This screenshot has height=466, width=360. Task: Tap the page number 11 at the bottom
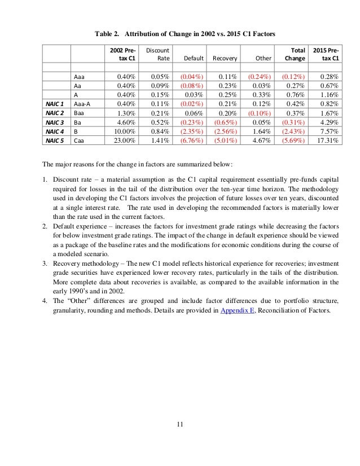click(x=179, y=424)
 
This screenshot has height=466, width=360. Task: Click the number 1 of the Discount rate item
click(x=45, y=179)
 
